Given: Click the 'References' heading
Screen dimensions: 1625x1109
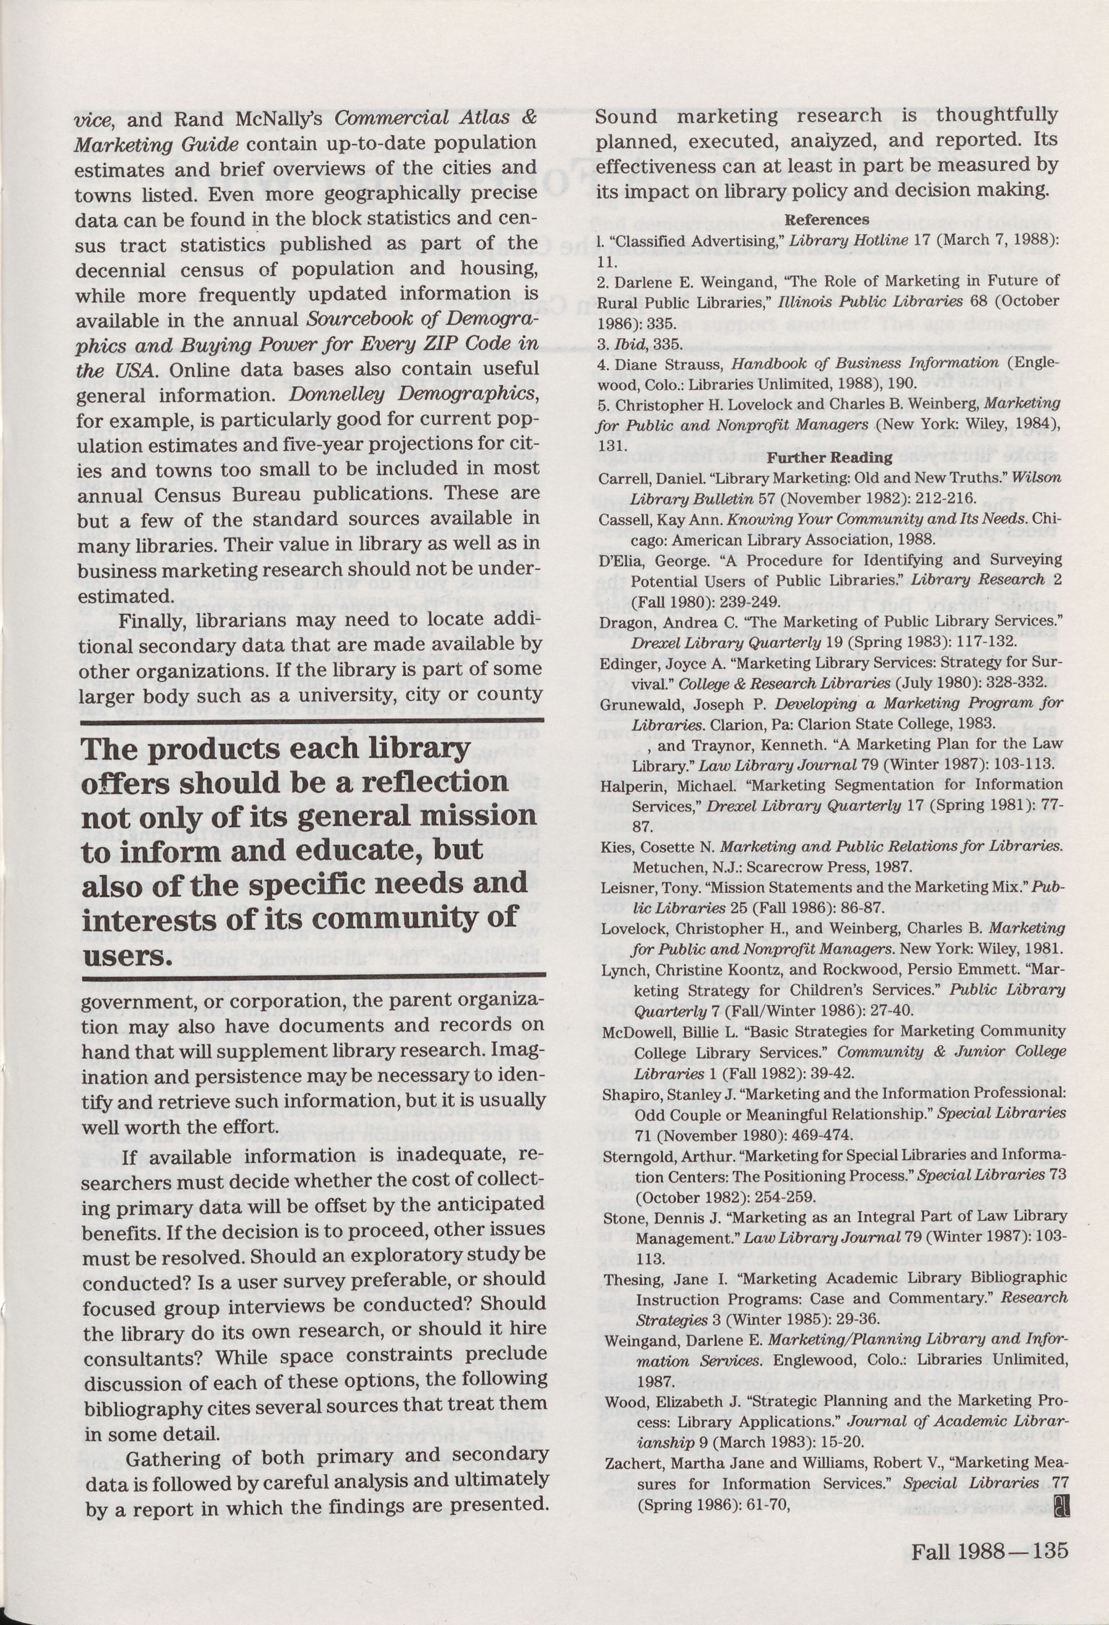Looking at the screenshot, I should (827, 220).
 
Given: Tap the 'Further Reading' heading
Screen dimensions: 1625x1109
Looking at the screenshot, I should (830, 458).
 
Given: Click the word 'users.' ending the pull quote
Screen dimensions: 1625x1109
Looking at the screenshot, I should (126, 956).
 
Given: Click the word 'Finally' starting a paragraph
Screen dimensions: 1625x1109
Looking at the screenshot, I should (150, 620).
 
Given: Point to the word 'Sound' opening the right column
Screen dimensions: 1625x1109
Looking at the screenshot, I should (627, 116).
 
